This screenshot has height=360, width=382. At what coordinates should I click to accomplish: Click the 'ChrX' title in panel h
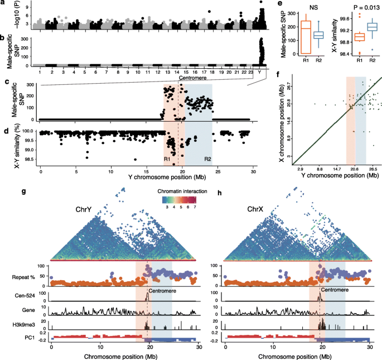[250, 210]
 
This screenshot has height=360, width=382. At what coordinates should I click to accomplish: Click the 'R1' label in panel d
[167, 159]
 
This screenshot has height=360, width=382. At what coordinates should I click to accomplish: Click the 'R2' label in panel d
[207, 159]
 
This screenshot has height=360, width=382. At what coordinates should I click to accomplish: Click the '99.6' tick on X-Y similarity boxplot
[333, 17]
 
